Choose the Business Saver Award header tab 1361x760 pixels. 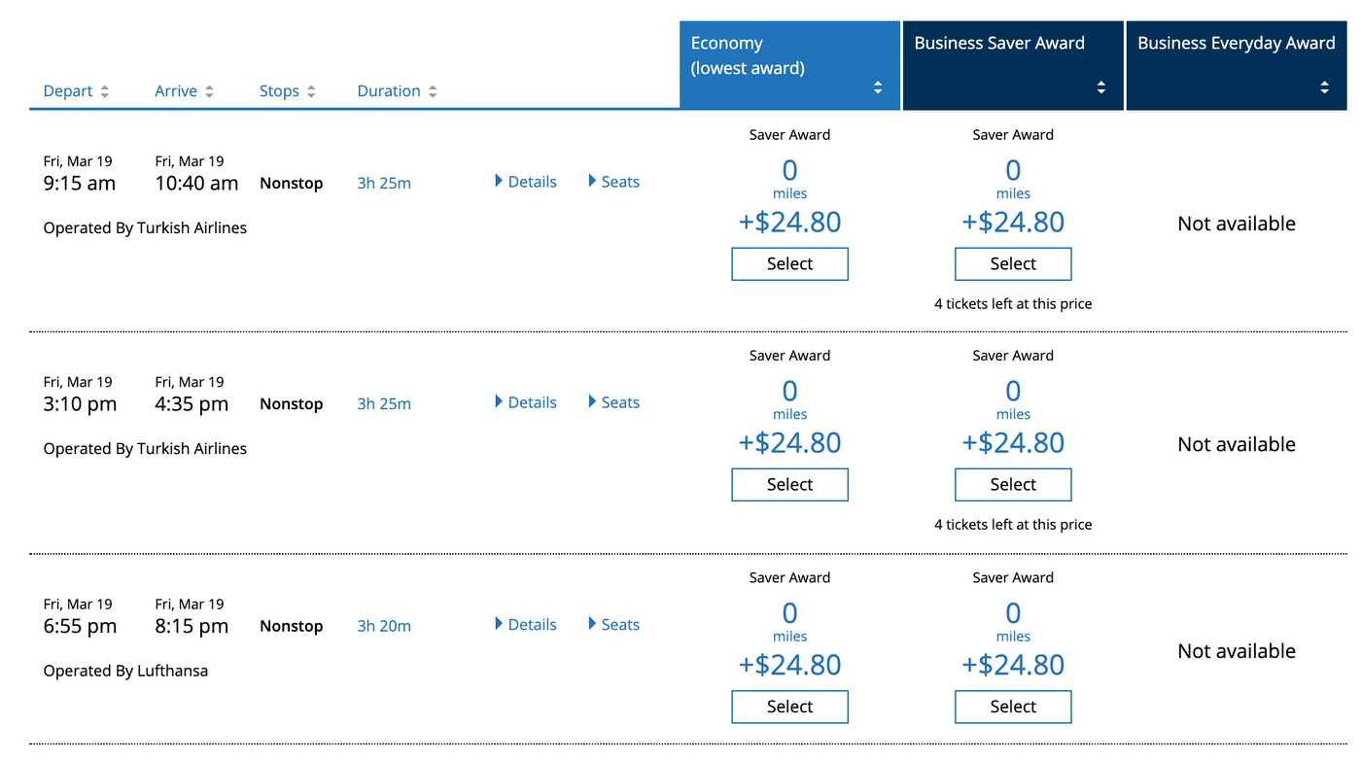click(x=1012, y=66)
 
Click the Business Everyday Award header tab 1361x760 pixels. click(x=1236, y=66)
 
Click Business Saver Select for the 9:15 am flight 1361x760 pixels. click(x=1013, y=264)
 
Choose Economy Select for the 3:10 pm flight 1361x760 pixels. click(x=789, y=485)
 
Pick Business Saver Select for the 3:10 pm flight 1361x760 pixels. click(x=1013, y=485)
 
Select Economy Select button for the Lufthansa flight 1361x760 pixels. click(x=789, y=707)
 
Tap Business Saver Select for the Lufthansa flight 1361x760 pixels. click(x=1013, y=707)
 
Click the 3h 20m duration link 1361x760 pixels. click(x=384, y=627)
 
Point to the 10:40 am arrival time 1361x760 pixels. click(x=196, y=184)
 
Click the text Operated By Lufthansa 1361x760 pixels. click(x=125, y=671)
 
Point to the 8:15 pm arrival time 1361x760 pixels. click(x=192, y=627)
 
